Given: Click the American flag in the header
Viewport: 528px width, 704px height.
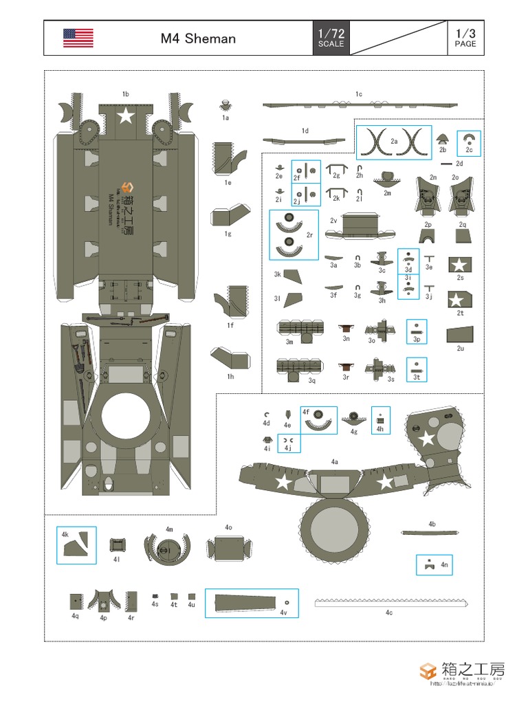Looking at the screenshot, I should click(x=78, y=38).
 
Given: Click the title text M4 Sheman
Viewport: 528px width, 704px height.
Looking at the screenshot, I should click(x=198, y=38).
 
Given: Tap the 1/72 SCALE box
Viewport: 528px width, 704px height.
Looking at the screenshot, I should click(x=331, y=38).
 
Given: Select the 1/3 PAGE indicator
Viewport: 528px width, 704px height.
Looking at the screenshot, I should click(x=465, y=38).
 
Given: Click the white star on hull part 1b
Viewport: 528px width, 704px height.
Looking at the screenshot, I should click(x=125, y=115).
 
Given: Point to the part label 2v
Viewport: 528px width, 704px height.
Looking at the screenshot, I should click(x=333, y=221).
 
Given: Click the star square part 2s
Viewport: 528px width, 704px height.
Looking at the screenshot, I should click(x=459, y=264).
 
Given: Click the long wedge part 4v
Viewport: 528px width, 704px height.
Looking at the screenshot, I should click(x=249, y=603).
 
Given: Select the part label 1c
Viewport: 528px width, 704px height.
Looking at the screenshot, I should click(x=358, y=94).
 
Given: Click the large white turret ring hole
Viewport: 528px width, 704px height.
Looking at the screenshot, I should click(x=126, y=417).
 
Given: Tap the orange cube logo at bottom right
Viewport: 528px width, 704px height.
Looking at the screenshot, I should click(x=428, y=671).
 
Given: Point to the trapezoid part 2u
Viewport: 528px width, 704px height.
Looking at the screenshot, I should click(x=460, y=334).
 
